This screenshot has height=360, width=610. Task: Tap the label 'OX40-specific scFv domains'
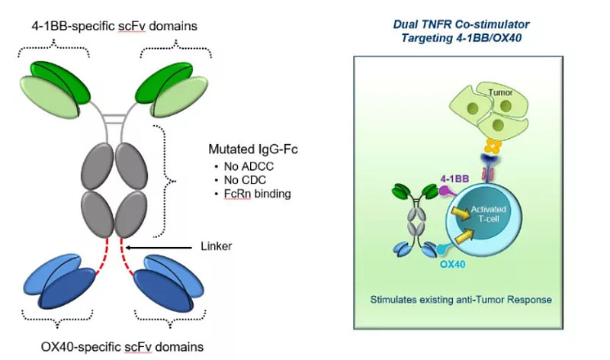tap(122, 346)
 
